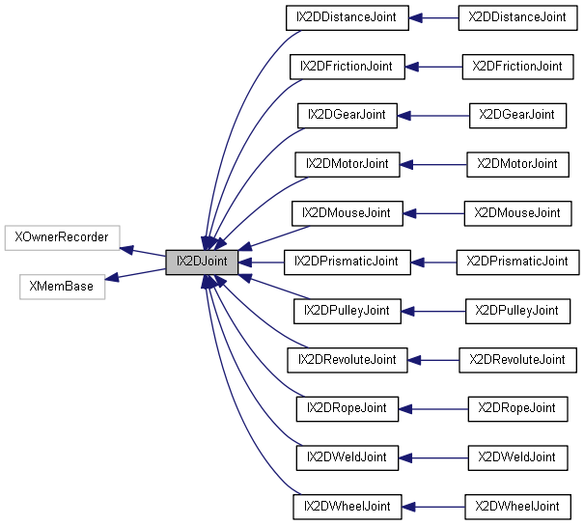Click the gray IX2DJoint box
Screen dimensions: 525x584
(x=201, y=262)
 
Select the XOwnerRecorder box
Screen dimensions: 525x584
(x=62, y=236)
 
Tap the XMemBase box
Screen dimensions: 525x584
(x=62, y=287)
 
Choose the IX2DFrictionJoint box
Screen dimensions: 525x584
(x=347, y=66)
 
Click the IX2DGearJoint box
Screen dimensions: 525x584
(x=347, y=115)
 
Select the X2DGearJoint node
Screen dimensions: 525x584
(x=516, y=115)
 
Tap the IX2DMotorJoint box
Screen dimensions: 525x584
(x=347, y=163)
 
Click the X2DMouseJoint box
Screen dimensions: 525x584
(x=516, y=212)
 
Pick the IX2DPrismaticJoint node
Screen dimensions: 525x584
(x=347, y=262)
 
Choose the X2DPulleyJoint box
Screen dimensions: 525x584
(x=516, y=311)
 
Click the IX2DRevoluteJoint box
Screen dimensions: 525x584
(x=347, y=359)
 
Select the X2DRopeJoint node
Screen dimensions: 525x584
(x=516, y=408)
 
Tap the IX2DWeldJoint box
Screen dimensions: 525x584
(x=347, y=456)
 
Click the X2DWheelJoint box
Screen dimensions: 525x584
(x=516, y=506)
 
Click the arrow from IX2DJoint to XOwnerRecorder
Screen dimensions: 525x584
(x=143, y=251)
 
